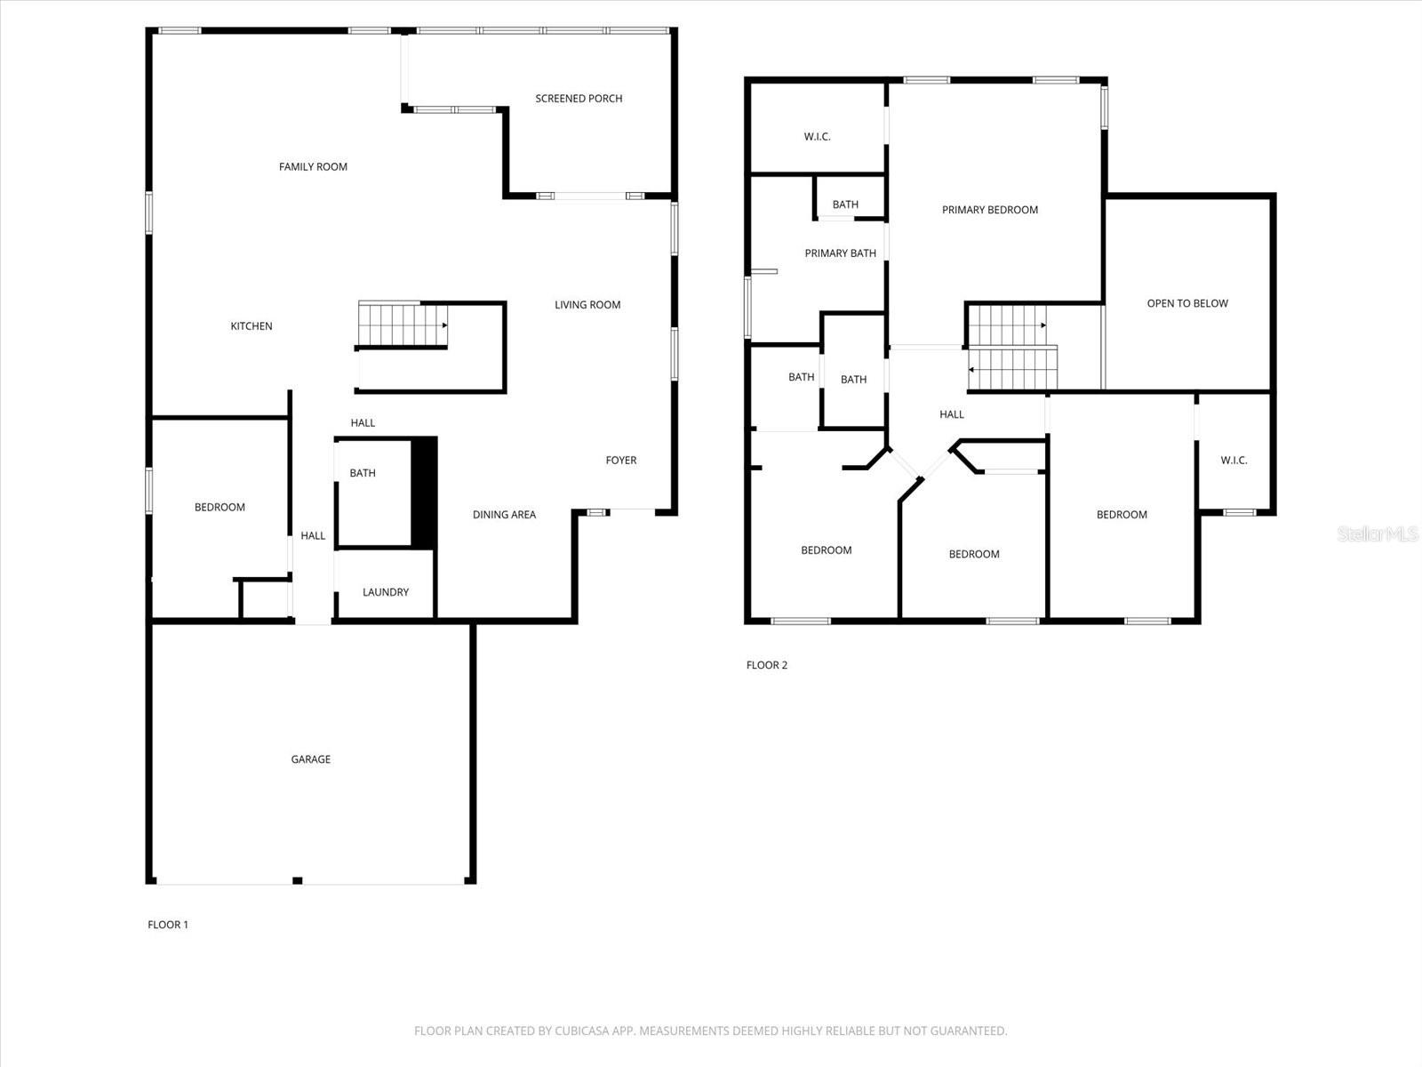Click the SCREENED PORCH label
(579, 99)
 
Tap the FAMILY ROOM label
(313, 167)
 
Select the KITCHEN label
(252, 326)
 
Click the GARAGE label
(311, 759)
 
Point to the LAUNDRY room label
(386, 592)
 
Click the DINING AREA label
(504, 515)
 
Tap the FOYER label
(621, 461)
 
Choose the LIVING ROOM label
(587, 305)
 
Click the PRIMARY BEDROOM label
(990, 210)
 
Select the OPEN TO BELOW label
(1187, 303)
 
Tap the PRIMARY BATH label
(840, 253)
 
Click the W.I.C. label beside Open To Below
(1234, 461)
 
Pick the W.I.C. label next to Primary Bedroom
(817, 137)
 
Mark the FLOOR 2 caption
(767, 665)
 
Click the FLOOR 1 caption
(168, 925)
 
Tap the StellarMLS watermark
(1378, 534)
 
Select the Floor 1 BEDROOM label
(220, 508)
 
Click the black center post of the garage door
(298, 881)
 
